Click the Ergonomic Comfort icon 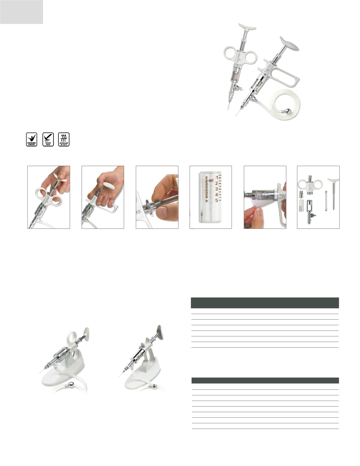point(31,139)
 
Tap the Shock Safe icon point(48,139)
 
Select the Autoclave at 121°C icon point(64,139)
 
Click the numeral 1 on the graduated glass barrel point(216,178)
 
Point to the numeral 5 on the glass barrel point(216,200)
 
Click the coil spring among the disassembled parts point(326,201)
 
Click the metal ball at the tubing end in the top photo point(288,111)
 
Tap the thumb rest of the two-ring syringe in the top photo point(247,26)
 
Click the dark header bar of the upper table point(264,303)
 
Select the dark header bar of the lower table point(265,380)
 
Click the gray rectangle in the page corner point(22,12)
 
